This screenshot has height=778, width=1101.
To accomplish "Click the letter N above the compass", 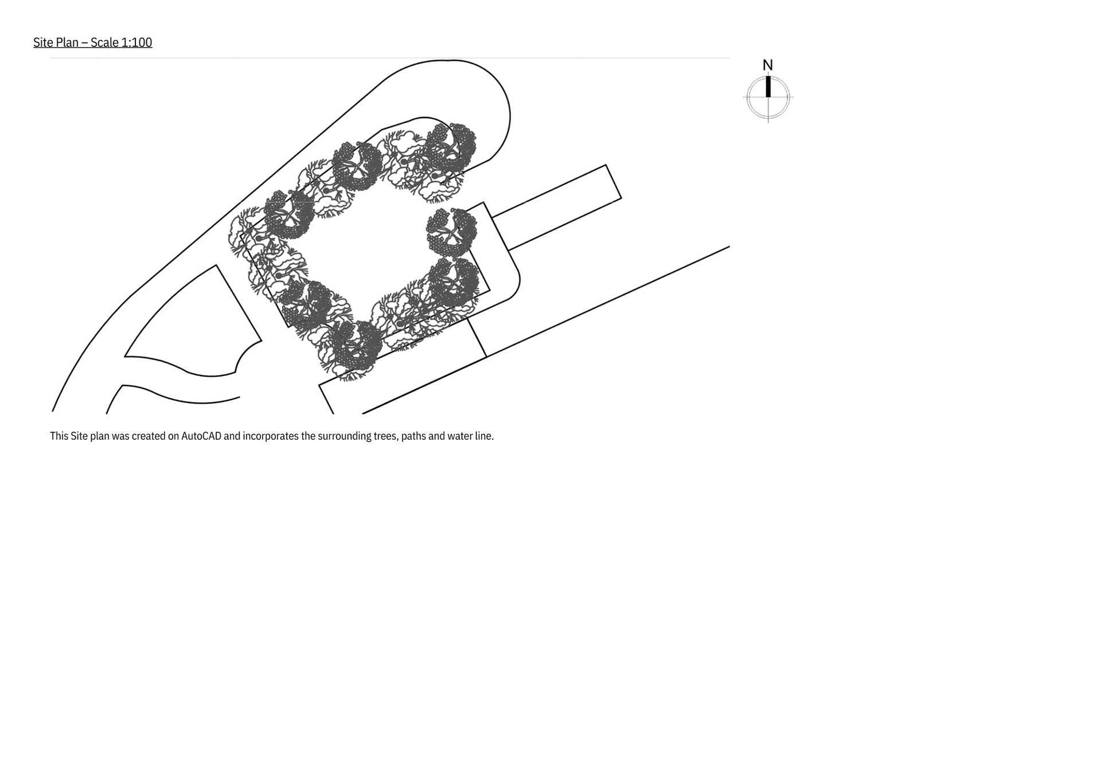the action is pos(768,65).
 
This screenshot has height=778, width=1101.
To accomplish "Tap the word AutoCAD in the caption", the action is pos(201,436).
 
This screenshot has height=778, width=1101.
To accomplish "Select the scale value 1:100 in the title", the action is pos(136,42).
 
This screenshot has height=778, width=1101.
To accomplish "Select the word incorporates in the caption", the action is pos(271,436).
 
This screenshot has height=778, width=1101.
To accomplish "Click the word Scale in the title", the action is pos(104,42).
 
